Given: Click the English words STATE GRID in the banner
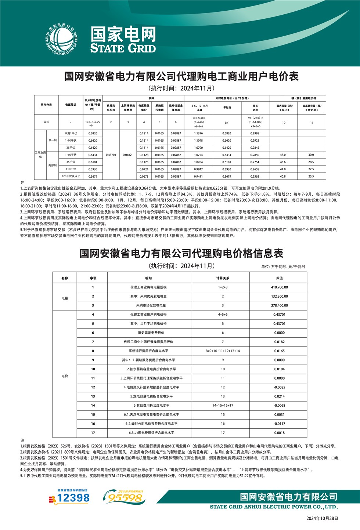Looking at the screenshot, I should (123, 48).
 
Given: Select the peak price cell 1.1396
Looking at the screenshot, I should (198, 134).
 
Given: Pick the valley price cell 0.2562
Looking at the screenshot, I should (255, 177).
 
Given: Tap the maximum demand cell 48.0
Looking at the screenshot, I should (283, 155).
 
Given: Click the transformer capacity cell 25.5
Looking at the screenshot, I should (311, 177).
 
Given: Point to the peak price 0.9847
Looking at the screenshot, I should (198, 169).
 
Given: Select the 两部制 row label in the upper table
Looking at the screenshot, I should (53, 166).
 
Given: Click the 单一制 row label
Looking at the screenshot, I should (53, 141).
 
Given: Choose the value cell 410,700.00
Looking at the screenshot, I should (279, 287).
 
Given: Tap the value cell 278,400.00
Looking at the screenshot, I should (279, 305).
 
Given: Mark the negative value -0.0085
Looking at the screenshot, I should (279, 387).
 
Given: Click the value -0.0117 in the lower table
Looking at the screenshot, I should (279, 424).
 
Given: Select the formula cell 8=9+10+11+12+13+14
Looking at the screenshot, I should (223, 351).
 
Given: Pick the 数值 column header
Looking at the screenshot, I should (279, 278).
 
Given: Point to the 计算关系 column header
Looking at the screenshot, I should (223, 278).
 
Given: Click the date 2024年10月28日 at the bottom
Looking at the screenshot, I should (322, 519).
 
